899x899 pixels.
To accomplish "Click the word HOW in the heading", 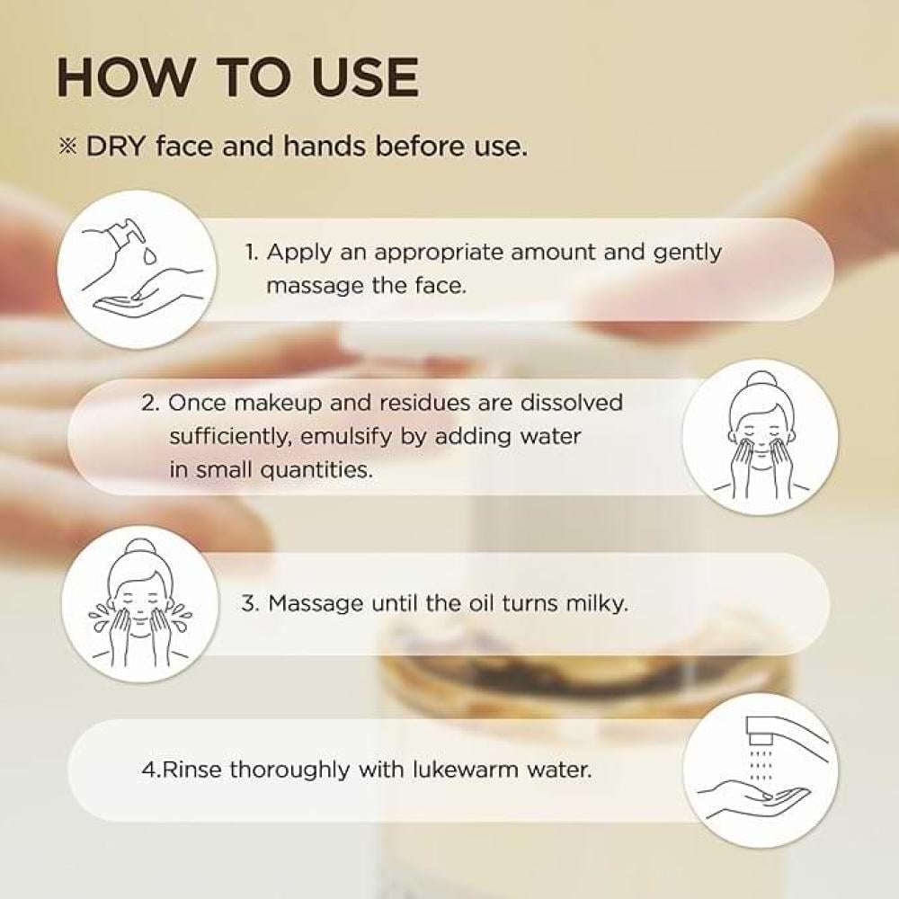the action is click(x=125, y=77).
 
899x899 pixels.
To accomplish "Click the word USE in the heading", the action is click(x=365, y=77).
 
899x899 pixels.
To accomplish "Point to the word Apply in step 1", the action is click(x=299, y=253).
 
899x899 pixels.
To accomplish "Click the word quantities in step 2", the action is click(x=316, y=471).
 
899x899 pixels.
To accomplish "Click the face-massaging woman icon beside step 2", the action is click(x=761, y=437).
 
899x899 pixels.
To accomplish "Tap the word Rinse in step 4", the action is click(x=192, y=769).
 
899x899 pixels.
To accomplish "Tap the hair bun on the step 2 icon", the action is click(x=760, y=380).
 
